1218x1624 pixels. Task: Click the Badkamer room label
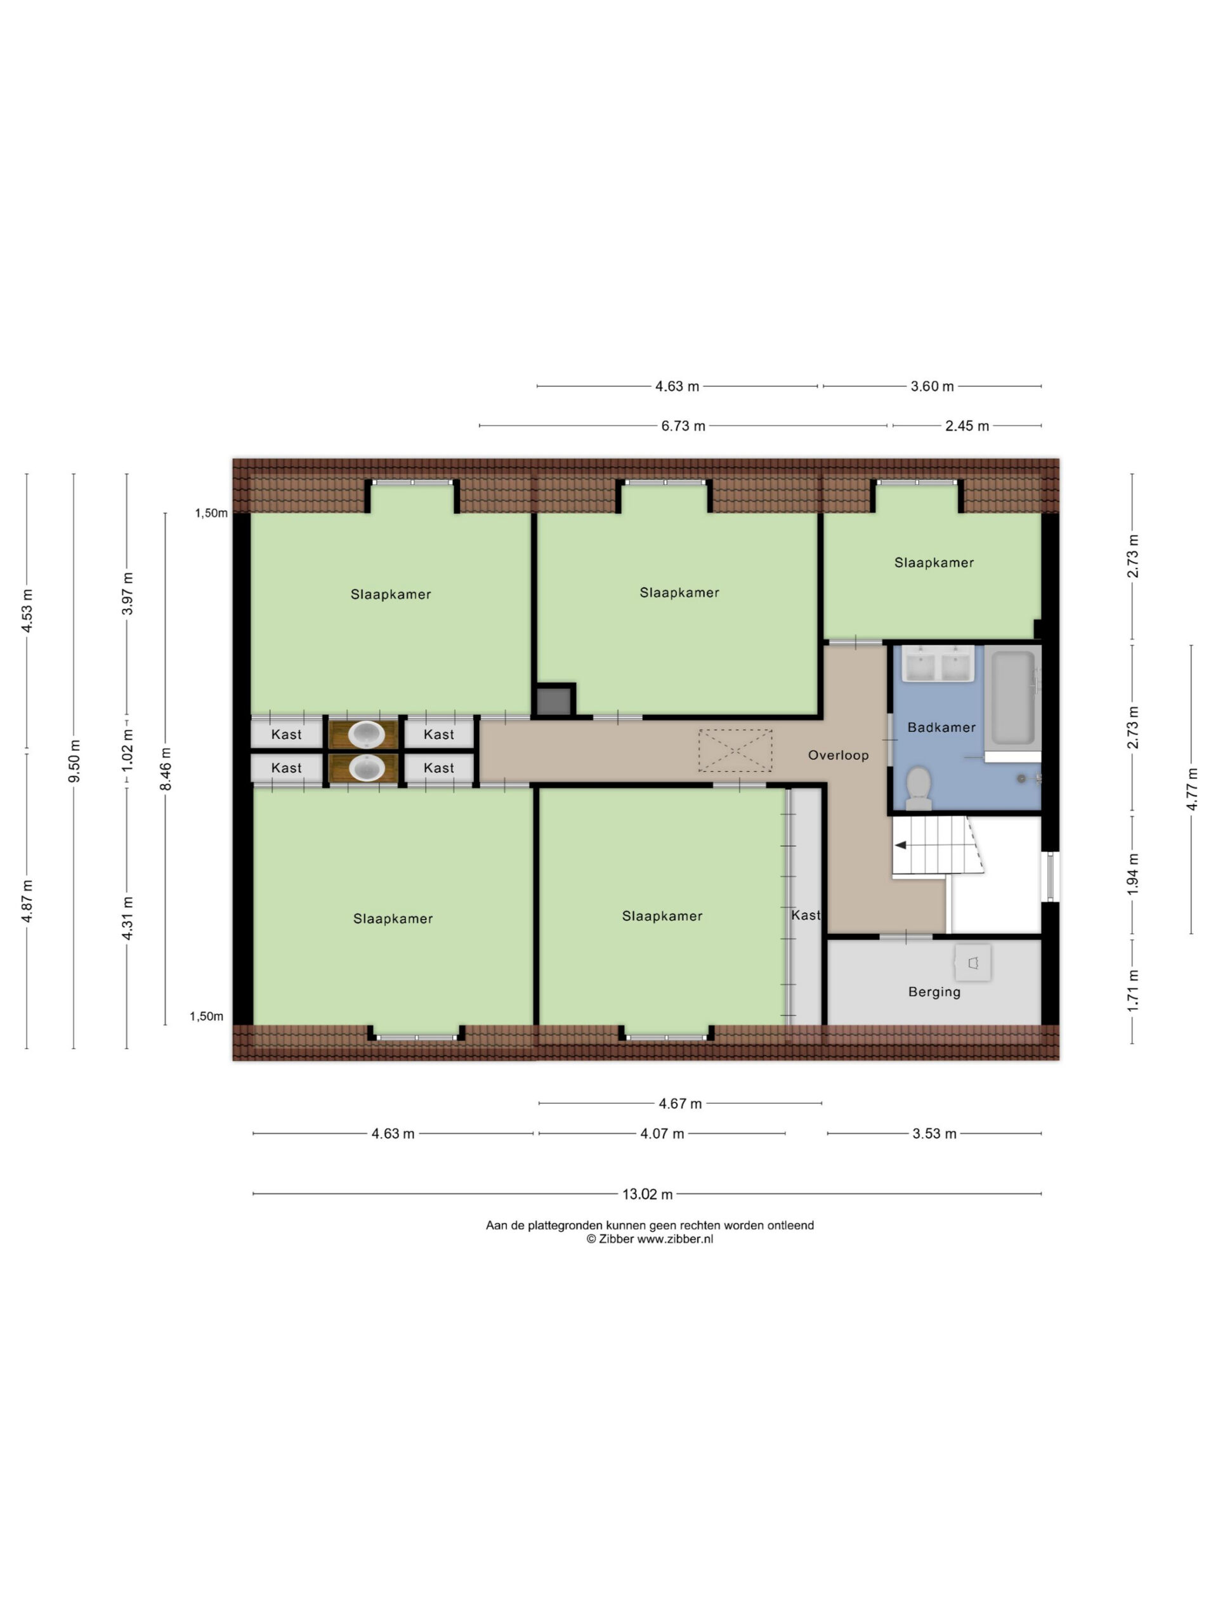941,728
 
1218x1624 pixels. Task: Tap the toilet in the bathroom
919,788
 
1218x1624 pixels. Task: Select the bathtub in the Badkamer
1012,700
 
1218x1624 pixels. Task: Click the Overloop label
838,756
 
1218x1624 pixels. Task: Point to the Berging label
934,992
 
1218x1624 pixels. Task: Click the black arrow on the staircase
900,846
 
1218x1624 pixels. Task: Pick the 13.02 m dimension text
648,1195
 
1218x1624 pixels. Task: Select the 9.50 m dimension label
74,761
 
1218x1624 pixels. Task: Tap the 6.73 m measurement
683,426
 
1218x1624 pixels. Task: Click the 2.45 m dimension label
967,426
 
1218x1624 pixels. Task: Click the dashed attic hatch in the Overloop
735,750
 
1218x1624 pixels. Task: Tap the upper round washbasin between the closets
365,734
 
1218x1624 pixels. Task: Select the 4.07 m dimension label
662,1134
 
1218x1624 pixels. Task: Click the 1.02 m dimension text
128,750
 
